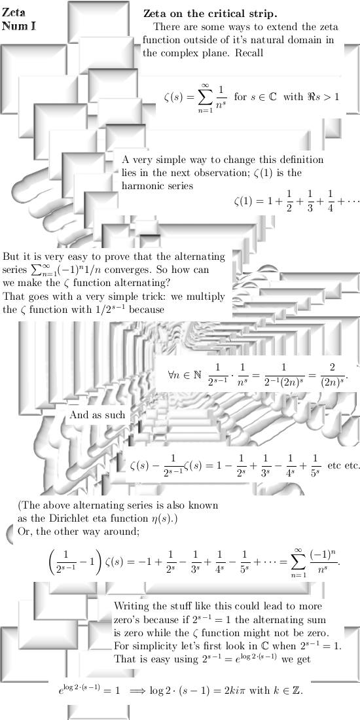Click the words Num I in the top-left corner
point(19,26)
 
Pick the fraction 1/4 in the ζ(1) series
point(330,202)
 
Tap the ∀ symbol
point(171,374)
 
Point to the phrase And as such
point(97,415)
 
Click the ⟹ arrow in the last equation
point(137,691)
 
